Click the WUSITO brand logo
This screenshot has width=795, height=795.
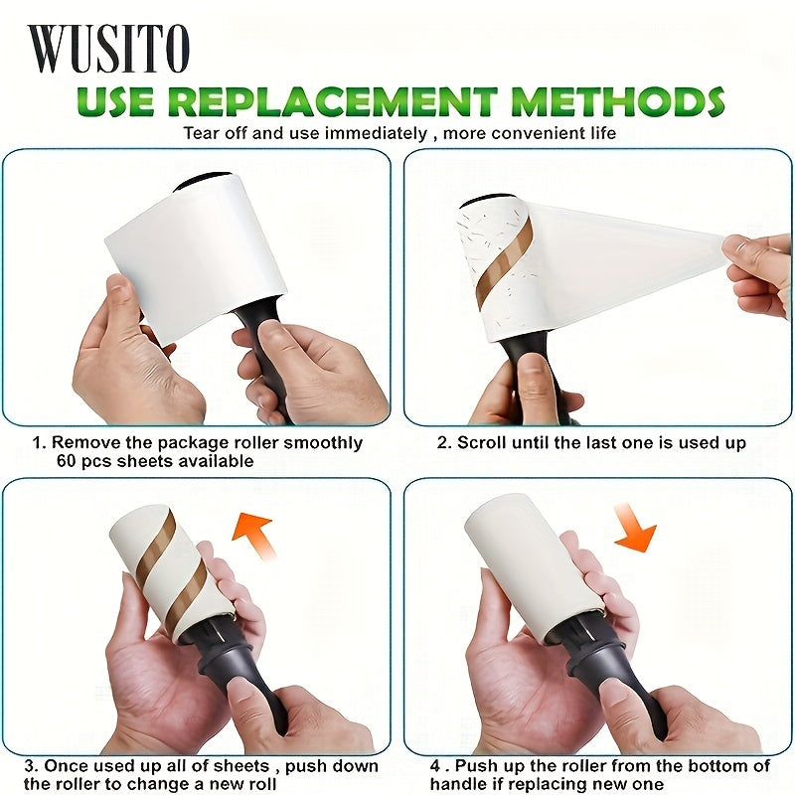(108, 48)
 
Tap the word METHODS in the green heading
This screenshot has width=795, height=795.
(617, 101)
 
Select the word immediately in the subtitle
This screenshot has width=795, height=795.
(376, 134)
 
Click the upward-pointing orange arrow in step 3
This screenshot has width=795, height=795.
(254, 535)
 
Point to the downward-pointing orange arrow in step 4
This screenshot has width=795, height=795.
(634, 528)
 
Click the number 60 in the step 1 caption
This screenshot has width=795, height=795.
(67, 461)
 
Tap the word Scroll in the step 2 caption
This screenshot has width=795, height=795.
(481, 442)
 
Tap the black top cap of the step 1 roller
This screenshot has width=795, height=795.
(203, 180)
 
